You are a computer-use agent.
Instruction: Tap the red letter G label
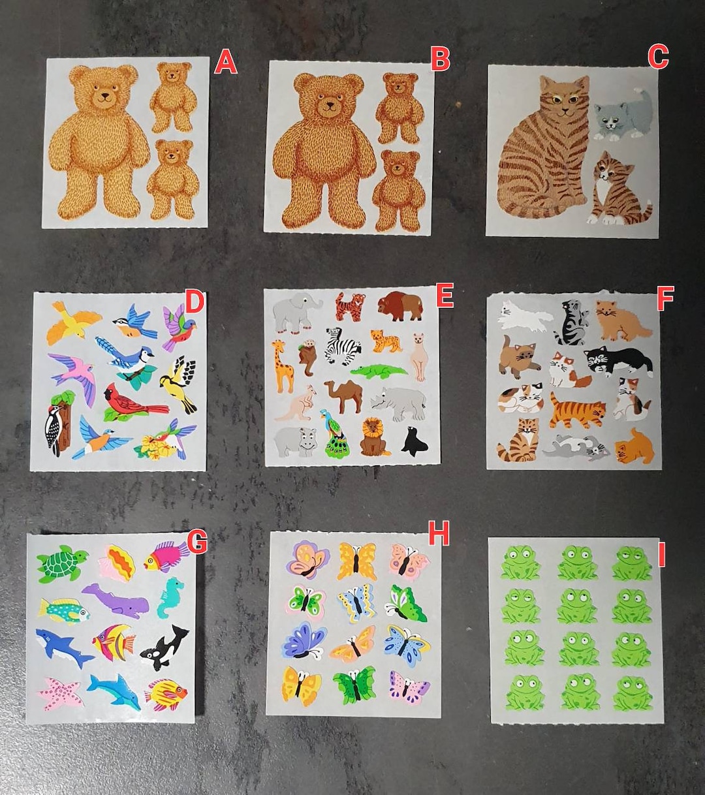197,541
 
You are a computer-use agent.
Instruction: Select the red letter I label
661,556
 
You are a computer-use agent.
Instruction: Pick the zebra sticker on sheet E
343,346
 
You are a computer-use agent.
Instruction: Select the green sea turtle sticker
61,563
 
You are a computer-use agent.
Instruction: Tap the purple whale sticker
116,600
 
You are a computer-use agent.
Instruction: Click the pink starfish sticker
61,693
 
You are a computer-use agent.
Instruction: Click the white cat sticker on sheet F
523,315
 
